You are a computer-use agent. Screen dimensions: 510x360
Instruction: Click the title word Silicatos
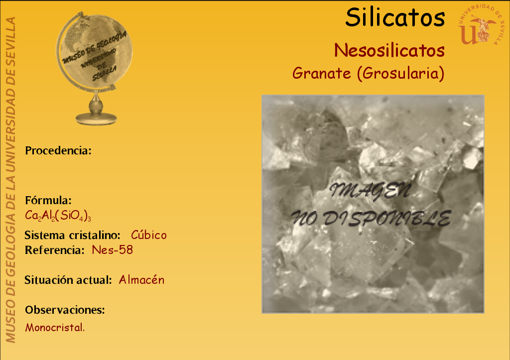point(395,17)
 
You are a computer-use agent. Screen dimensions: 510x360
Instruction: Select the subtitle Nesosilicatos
point(389,50)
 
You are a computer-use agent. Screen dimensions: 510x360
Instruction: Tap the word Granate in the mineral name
point(321,73)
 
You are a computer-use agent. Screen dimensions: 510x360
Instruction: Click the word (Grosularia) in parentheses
point(401,74)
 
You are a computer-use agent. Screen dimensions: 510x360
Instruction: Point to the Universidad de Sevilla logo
point(480,25)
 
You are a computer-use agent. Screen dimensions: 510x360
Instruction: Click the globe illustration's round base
point(96,119)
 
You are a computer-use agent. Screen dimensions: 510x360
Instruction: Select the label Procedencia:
point(58,150)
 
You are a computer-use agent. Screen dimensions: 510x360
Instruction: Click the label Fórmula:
point(48,200)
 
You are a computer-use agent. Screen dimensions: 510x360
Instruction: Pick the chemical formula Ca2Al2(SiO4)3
point(58,216)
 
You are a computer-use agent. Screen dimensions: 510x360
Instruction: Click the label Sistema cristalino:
point(73,235)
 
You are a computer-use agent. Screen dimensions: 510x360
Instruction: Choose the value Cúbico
point(148,235)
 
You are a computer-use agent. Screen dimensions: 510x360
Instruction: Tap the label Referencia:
point(55,250)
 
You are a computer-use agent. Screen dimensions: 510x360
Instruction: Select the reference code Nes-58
point(112,250)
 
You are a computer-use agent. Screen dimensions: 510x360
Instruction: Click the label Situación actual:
point(68,280)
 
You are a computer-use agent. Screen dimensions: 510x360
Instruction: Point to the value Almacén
point(141,280)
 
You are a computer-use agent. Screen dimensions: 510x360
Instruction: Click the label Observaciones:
point(65,310)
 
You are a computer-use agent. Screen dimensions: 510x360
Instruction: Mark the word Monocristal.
point(55,328)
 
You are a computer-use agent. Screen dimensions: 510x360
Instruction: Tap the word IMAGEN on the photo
point(371,191)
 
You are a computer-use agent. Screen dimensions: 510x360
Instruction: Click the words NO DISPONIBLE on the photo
point(371,219)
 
